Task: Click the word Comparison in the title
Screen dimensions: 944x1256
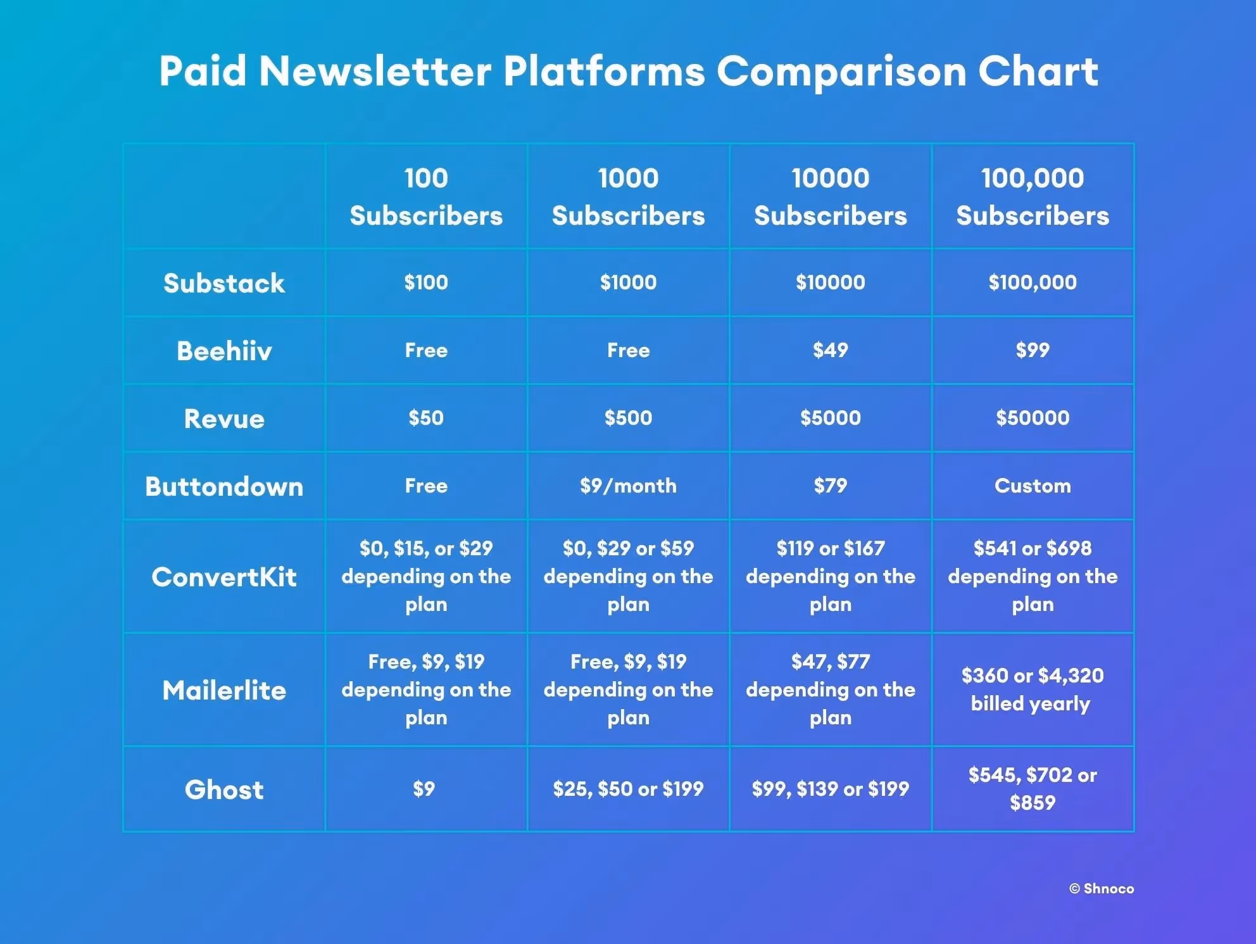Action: click(841, 71)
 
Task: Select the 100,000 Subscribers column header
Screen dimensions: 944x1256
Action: click(1033, 196)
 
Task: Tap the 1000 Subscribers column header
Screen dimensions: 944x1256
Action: click(628, 196)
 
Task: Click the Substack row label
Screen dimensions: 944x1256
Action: click(224, 283)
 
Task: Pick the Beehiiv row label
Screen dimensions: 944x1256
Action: click(224, 351)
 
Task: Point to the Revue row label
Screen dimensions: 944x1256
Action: click(224, 419)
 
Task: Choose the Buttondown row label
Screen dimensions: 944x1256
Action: click(224, 486)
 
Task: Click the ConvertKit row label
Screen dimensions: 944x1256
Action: click(224, 577)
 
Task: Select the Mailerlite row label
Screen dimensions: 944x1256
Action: click(224, 690)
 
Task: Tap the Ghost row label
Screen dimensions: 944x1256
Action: click(224, 790)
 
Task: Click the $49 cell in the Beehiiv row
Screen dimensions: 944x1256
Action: click(830, 350)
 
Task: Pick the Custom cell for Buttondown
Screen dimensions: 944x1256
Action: click(1033, 486)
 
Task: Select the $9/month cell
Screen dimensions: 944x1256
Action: click(628, 486)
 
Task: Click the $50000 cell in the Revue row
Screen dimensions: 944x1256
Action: click(1033, 418)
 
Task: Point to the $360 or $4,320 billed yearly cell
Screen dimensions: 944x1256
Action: click(1033, 689)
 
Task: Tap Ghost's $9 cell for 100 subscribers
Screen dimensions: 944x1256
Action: click(424, 789)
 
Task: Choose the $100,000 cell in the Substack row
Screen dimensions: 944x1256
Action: click(1033, 282)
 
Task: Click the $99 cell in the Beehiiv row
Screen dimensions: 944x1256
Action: click(1033, 350)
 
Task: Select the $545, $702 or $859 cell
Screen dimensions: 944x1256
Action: click(1033, 789)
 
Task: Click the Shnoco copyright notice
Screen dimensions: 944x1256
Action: click(1102, 889)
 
